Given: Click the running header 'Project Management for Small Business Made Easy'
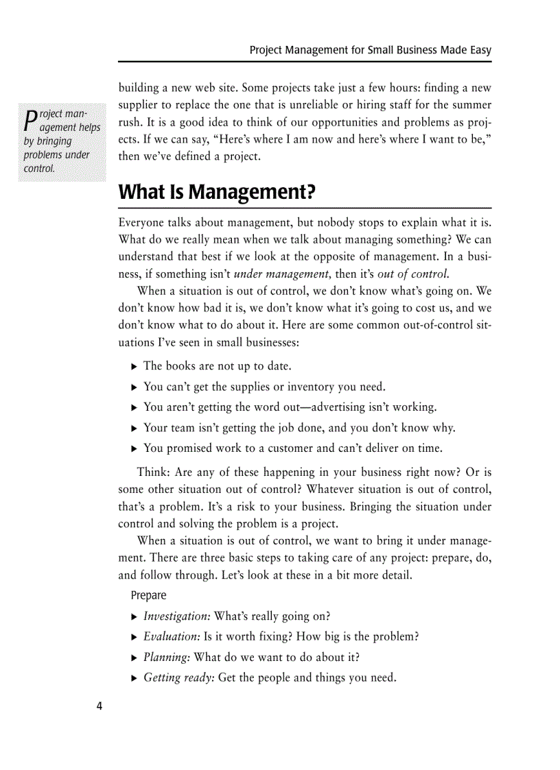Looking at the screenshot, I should pyautogui.click(x=370, y=50).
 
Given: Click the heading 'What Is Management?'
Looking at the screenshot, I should pyautogui.click(x=217, y=192).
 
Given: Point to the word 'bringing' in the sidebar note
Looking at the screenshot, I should pyautogui.click(x=54, y=141).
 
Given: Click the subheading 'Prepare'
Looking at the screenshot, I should pyautogui.click(x=148, y=595).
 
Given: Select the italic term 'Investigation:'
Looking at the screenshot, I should pyautogui.click(x=176, y=616).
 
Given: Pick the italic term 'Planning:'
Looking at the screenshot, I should pyautogui.click(x=167, y=658).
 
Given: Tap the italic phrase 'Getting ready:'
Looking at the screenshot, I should pyautogui.click(x=179, y=678).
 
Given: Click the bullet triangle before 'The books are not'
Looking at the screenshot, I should pyautogui.click(x=134, y=367).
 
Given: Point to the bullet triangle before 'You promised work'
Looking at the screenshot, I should pyautogui.click(x=134, y=449).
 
